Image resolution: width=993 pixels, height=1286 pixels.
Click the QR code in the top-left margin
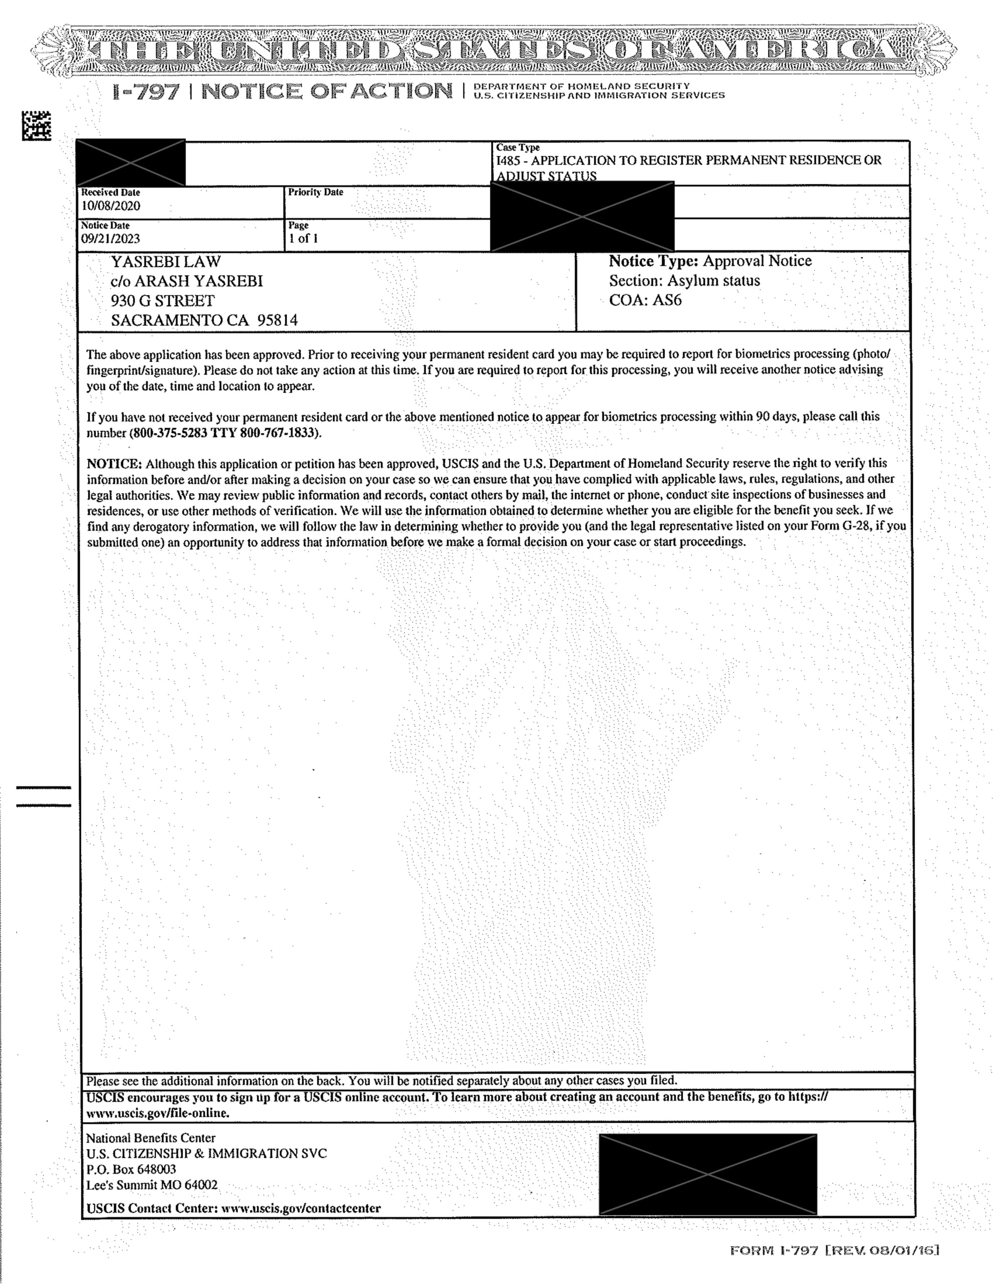click(x=37, y=126)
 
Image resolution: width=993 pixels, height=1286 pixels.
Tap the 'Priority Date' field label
click(x=315, y=192)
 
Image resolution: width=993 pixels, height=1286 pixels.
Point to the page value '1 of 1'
click(x=303, y=239)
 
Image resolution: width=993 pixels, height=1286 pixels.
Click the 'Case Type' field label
click(x=518, y=148)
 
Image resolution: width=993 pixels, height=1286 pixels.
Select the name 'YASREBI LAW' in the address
click(x=166, y=261)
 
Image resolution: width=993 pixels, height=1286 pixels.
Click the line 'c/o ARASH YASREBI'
click(x=187, y=281)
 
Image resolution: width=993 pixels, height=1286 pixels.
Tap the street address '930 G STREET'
click(x=163, y=301)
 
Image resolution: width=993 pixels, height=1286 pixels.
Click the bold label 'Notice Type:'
click(x=653, y=261)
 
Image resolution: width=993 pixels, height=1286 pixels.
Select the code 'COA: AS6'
click(x=645, y=300)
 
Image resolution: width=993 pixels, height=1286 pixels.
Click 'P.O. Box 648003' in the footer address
click(x=131, y=1169)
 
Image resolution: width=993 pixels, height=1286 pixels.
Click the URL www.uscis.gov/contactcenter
click(x=300, y=1208)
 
